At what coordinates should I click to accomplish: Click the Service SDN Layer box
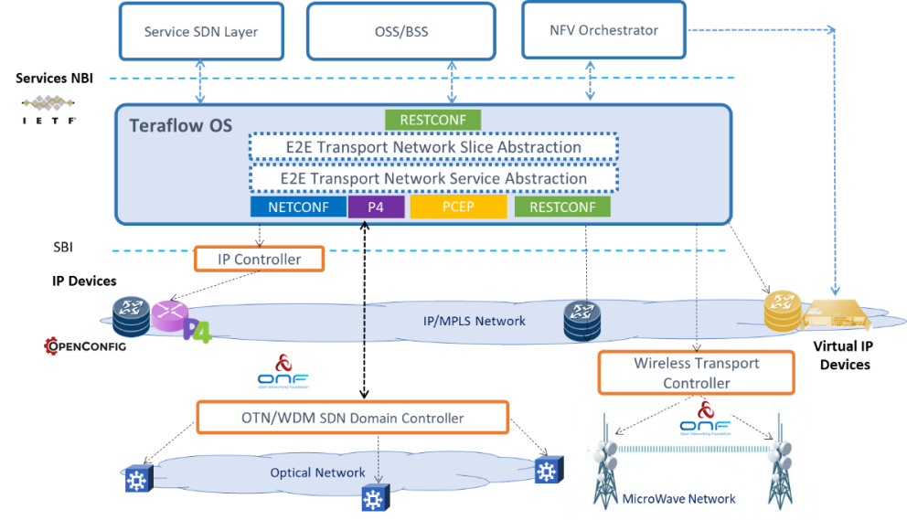pos(201,32)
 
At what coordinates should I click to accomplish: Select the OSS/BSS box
pos(400,32)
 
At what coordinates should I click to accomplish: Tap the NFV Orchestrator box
pos(603,30)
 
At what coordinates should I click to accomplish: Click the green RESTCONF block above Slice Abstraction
pos(433,120)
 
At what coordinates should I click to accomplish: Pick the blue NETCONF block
pos(299,207)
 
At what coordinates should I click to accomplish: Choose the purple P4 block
pos(376,207)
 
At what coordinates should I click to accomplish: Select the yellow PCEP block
pos(458,207)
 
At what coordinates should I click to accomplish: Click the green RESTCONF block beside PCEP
pos(562,207)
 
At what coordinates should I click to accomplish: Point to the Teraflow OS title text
pos(180,125)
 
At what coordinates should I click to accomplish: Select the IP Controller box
pos(260,260)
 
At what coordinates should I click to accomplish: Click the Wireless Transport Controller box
pos(696,373)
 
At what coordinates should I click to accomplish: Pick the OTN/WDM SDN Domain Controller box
pos(353,419)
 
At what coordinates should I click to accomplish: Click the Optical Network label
pos(317,472)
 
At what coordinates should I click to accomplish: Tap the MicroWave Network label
pos(678,499)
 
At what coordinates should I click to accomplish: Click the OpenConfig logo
pos(85,347)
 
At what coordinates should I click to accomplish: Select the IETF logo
pos(48,109)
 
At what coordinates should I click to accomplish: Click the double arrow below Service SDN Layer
pos(202,82)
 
